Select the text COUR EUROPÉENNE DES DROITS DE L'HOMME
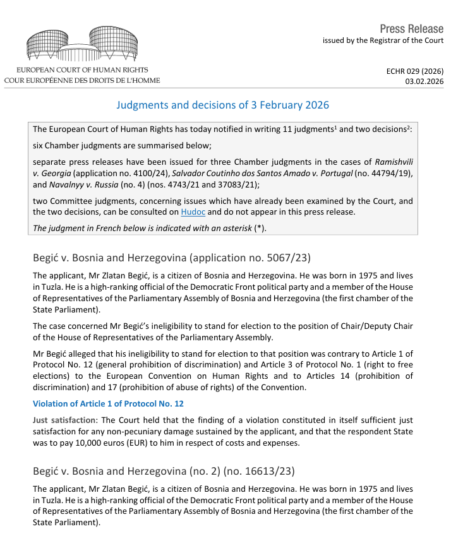tap(82, 80)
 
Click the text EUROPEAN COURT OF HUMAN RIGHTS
tap(83, 69)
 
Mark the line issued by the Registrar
tap(383, 40)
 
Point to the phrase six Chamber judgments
tap(75, 145)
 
